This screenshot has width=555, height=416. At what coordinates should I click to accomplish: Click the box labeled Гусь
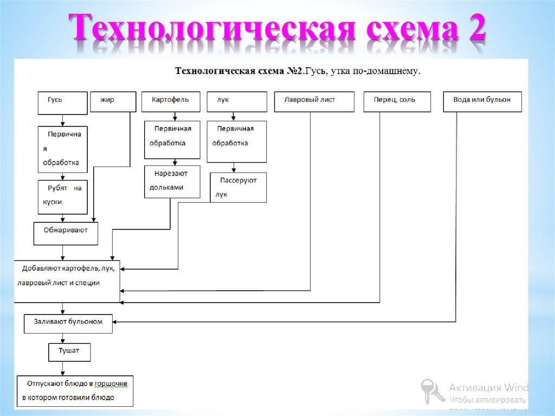point(62,103)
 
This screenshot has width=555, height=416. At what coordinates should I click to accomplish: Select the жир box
point(113,101)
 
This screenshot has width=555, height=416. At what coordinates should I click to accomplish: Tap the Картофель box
point(171,101)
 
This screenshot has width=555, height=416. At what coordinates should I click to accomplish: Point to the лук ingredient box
point(236,101)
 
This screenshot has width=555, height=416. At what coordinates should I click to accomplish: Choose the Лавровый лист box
point(314,101)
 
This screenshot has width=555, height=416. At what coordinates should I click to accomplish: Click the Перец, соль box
point(397,101)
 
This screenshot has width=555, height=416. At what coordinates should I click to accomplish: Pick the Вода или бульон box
point(482,101)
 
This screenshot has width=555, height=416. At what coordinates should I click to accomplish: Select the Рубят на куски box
point(62,196)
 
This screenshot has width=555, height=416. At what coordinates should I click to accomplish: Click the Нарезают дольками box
point(172,181)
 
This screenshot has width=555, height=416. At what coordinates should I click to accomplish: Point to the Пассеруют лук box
point(238,188)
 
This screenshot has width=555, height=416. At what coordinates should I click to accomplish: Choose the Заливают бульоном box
point(68,323)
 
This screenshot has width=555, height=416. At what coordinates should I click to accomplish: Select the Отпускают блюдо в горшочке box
point(75,391)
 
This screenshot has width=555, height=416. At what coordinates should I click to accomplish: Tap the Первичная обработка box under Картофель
point(172,139)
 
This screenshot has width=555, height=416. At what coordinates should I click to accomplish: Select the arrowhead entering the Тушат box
point(63,341)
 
